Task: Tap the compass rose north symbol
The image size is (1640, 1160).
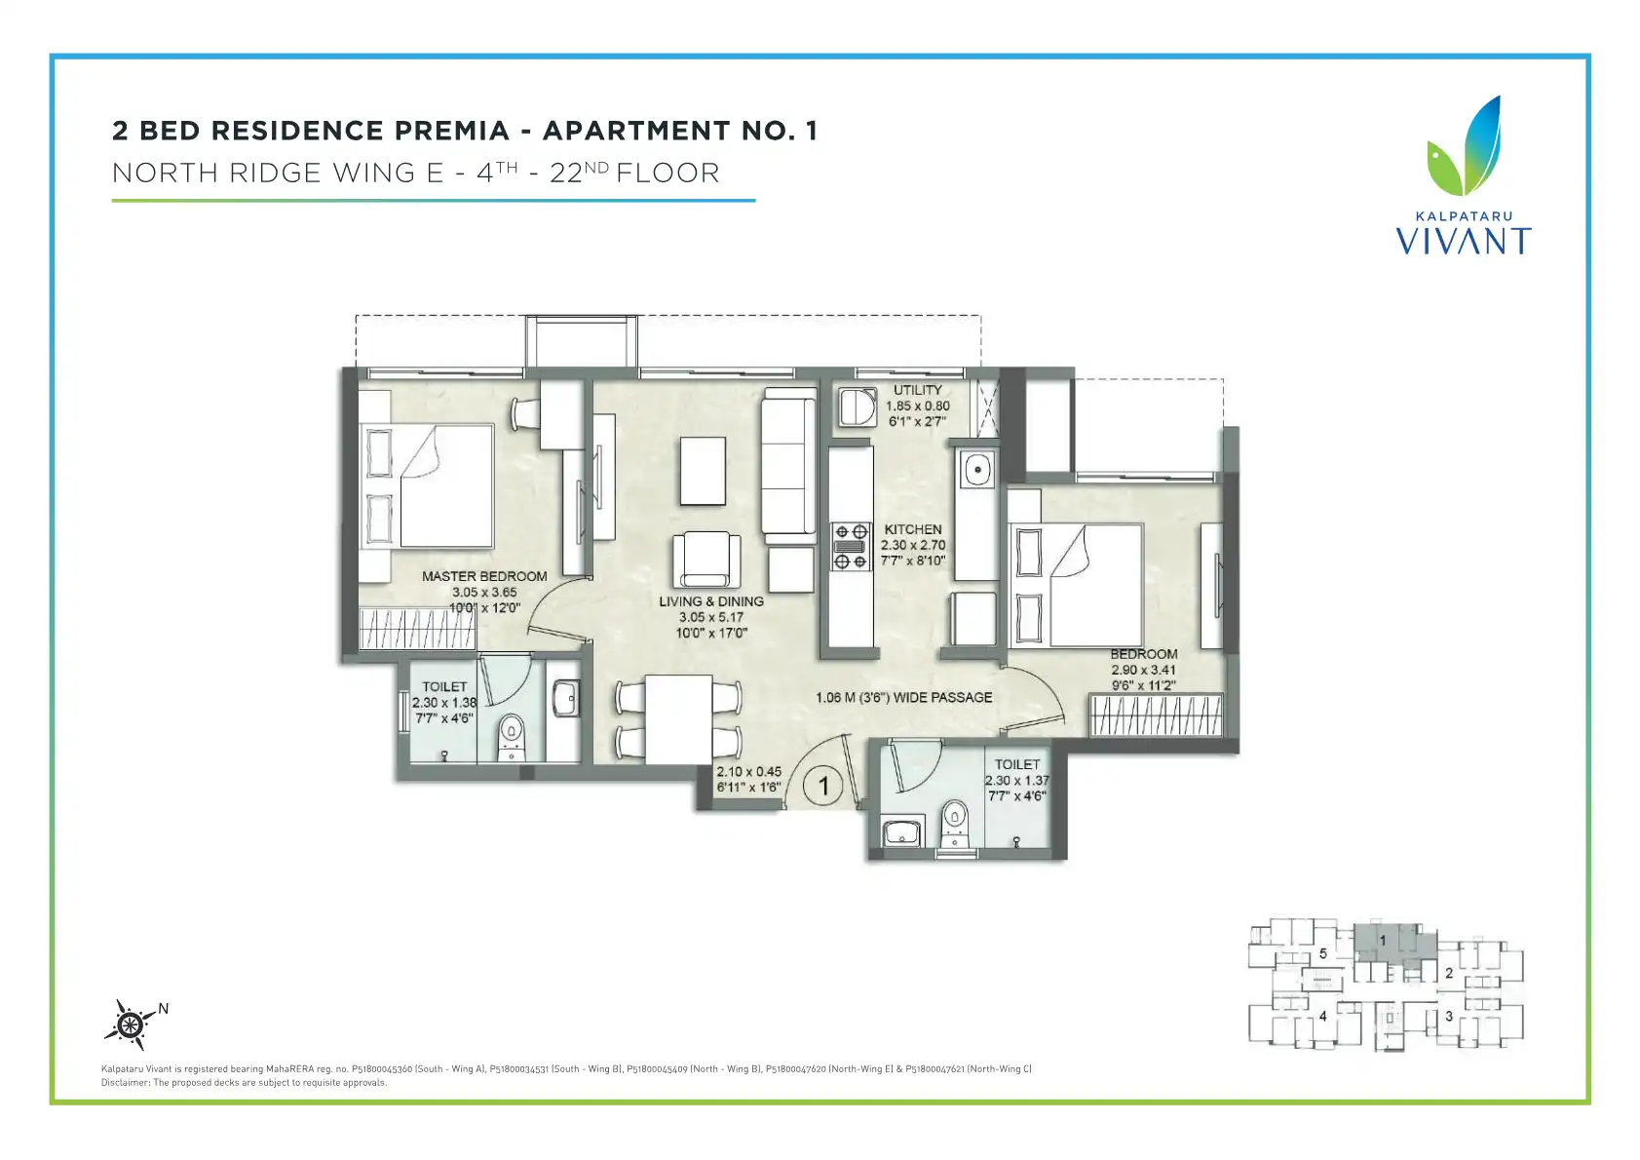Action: pyautogui.click(x=132, y=1024)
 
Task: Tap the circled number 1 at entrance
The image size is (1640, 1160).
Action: pyautogui.click(x=823, y=786)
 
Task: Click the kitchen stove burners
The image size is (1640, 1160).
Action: pyautogui.click(x=851, y=546)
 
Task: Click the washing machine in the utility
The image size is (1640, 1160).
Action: pyautogui.click(x=858, y=406)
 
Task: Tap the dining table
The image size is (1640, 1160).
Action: pyautogui.click(x=678, y=719)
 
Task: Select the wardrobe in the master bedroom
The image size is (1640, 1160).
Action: pyautogui.click(x=417, y=629)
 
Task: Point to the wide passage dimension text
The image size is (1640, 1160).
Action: pyautogui.click(x=904, y=697)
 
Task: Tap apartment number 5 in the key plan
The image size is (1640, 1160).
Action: pyautogui.click(x=1323, y=953)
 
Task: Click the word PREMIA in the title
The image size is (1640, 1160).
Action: pyautogui.click(x=452, y=131)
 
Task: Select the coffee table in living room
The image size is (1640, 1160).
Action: pyautogui.click(x=703, y=471)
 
